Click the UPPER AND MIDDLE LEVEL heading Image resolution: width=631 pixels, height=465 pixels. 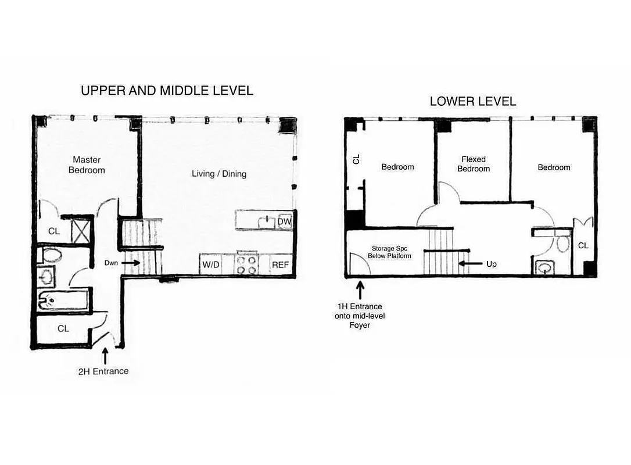(x=167, y=91)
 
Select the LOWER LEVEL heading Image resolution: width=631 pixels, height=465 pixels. (x=472, y=101)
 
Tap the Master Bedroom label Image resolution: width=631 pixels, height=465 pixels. (x=87, y=164)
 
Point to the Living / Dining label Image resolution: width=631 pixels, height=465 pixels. (x=219, y=173)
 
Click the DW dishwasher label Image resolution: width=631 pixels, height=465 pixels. (x=284, y=221)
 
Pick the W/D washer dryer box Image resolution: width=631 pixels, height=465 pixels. (x=210, y=264)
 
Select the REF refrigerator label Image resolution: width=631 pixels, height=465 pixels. (x=280, y=265)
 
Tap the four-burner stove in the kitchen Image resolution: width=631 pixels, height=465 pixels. (x=246, y=264)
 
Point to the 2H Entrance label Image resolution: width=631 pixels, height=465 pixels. (x=103, y=371)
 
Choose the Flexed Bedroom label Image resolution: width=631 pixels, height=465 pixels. (x=473, y=163)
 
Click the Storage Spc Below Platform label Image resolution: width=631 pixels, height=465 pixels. (x=389, y=252)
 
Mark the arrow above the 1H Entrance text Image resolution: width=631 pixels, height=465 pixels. (x=360, y=289)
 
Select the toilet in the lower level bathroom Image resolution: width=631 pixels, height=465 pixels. (x=561, y=244)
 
